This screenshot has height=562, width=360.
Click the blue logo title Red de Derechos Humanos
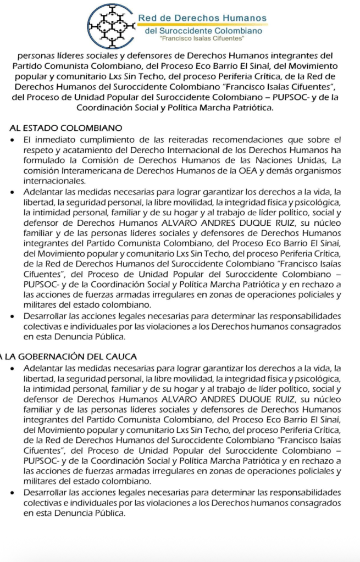pyautogui.click(x=202, y=18)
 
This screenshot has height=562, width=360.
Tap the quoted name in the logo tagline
pyautogui.click(x=201, y=40)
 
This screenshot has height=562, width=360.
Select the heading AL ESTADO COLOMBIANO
pyautogui.click(x=66, y=127)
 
